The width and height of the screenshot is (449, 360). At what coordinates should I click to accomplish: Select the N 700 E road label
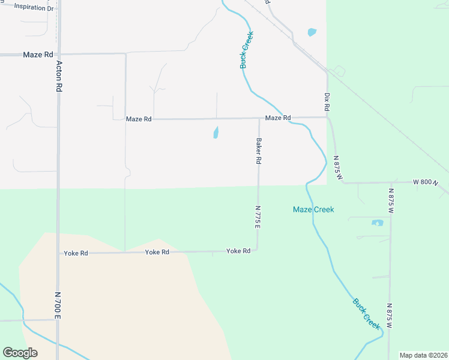58,305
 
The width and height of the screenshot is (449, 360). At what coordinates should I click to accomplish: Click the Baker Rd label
259,152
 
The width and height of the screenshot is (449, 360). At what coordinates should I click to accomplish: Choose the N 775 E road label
258,217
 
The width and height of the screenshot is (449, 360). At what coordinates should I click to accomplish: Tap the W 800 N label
426,182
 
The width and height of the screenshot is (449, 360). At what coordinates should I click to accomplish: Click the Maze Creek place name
313,209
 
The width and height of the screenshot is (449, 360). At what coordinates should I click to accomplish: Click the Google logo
20,352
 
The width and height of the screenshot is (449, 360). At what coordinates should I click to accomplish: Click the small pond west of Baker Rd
215,133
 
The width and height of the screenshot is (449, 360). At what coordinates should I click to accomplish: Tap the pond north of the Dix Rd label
312,32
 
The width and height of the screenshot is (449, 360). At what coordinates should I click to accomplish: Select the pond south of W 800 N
378,223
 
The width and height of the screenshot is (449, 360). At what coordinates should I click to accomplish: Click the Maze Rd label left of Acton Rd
38,55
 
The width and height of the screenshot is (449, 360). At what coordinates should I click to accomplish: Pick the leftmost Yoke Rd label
76,253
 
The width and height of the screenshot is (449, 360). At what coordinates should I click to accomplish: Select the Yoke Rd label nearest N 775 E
238,251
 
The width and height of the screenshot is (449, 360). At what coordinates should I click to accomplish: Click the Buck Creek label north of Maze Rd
246,50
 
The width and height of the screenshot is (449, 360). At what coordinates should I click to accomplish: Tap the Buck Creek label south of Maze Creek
366,313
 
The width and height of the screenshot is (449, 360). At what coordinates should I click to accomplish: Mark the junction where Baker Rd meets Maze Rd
259,118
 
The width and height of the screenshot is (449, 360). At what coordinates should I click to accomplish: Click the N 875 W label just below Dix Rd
339,168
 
